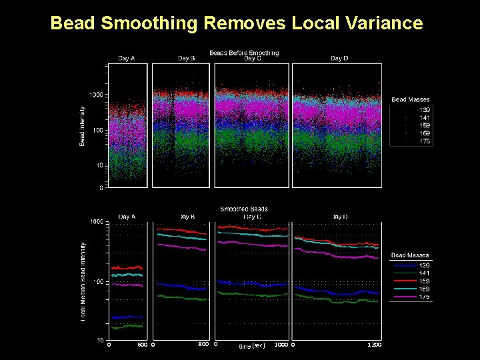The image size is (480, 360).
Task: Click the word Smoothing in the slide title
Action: click(x=149, y=24)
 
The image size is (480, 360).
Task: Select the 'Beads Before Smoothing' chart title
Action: click(x=244, y=53)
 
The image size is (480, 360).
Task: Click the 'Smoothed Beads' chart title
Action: click(x=244, y=209)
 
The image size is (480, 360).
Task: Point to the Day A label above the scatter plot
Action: click(x=127, y=59)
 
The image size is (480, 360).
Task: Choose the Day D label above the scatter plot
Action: click(x=339, y=59)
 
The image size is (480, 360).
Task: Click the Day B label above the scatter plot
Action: click(x=187, y=59)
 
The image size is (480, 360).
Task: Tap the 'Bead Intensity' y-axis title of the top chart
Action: click(x=83, y=126)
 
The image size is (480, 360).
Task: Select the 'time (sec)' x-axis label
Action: click(x=252, y=345)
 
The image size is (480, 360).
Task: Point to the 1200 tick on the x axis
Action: click(x=375, y=345)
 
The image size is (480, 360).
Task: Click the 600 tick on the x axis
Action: click(x=142, y=345)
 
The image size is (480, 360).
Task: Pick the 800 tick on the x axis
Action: click(x=204, y=344)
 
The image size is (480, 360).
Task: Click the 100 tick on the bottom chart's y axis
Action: click(x=97, y=282)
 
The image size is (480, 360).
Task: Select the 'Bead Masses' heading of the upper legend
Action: click(x=410, y=100)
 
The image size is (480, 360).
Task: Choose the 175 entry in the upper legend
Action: click(x=424, y=141)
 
